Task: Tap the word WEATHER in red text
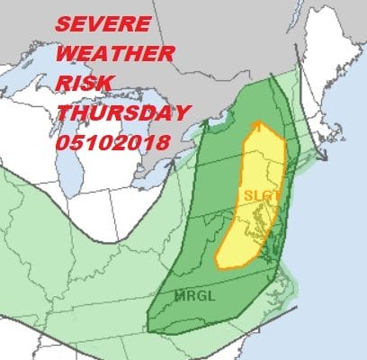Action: [x=107, y=48]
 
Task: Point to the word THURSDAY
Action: [x=123, y=113]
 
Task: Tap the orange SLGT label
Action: [x=257, y=194]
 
